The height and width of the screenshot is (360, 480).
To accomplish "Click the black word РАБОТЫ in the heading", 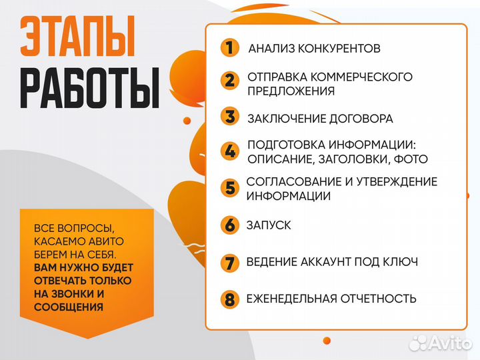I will coord(89,87).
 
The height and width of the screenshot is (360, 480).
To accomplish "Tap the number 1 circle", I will coord(229,48).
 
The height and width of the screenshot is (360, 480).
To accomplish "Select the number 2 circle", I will coord(229,81).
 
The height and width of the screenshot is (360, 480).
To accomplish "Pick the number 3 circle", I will coord(229,117).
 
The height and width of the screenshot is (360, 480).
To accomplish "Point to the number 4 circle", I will coord(229,151).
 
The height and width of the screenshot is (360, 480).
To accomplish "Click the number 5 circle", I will coord(229,187).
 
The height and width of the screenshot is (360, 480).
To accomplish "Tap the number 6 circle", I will coord(229,225).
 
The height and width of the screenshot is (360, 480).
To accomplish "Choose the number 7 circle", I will coord(229,262).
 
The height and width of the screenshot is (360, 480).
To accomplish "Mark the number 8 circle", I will coord(229,299).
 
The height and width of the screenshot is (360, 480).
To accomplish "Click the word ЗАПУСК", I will coord(269,225).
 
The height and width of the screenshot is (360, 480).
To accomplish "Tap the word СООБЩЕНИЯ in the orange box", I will coord(69,307).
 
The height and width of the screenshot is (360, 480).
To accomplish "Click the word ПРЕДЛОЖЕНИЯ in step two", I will coord(291,90).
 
